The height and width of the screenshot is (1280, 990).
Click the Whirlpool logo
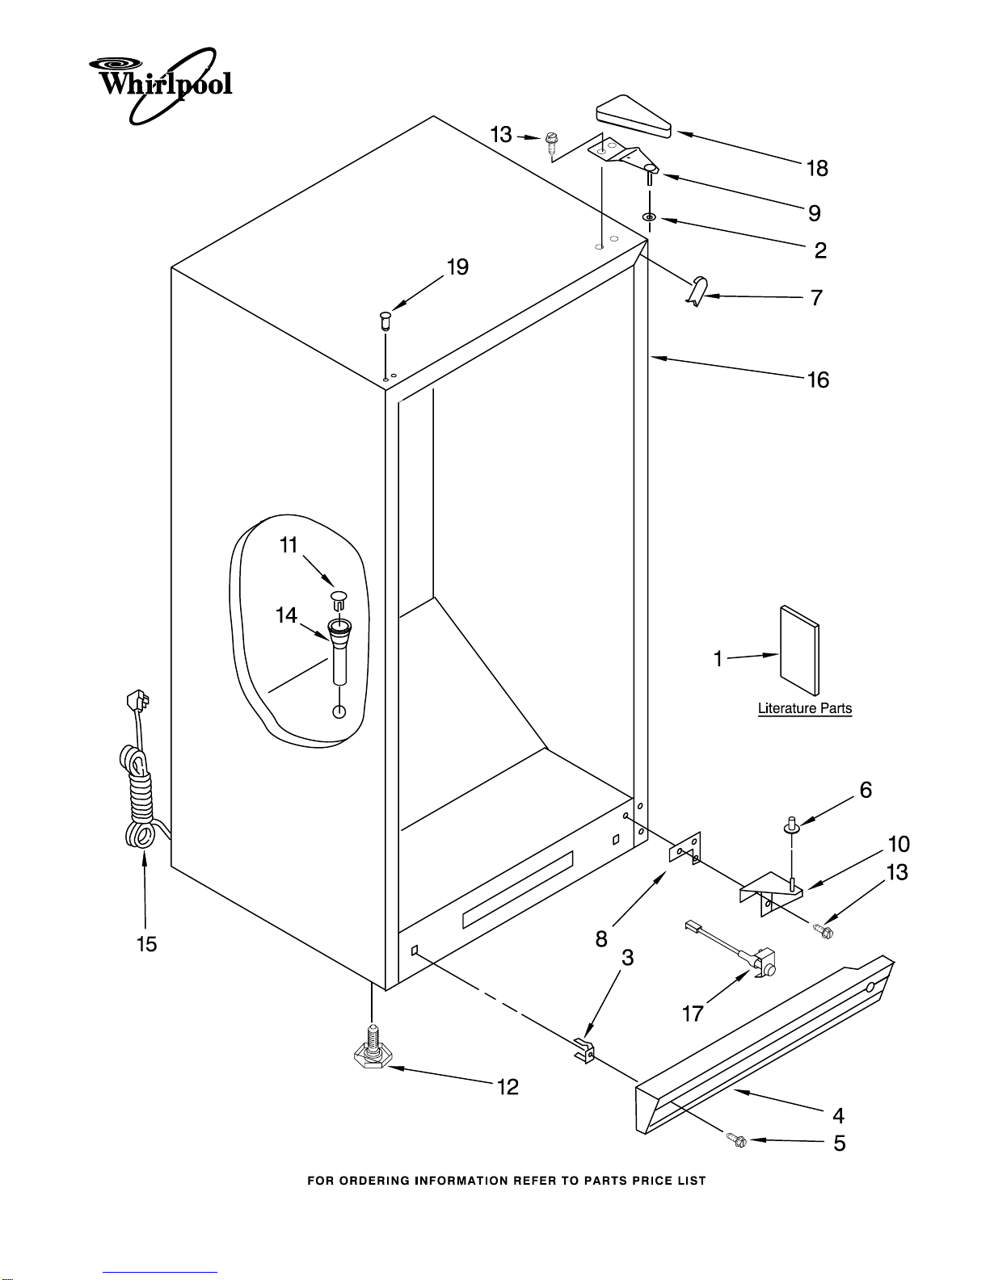click(x=160, y=86)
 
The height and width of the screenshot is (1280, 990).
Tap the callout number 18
click(x=817, y=169)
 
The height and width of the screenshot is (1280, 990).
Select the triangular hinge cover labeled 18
click(x=634, y=116)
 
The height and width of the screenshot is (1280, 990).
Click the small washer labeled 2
click(x=649, y=218)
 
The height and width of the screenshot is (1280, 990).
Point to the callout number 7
click(x=816, y=298)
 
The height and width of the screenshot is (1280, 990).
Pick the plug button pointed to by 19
click(x=385, y=321)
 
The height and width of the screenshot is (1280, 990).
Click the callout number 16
click(x=818, y=380)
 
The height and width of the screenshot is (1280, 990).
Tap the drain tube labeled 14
click(x=339, y=651)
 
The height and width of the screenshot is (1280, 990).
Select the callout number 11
click(x=289, y=545)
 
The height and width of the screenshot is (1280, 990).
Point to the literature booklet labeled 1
click(x=799, y=650)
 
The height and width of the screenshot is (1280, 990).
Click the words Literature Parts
click(x=805, y=708)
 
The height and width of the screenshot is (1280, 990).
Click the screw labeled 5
click(x=736, y=1139)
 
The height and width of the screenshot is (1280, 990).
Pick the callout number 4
click(x=838, y=1115)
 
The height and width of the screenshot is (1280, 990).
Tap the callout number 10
click(x=899, y=844)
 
